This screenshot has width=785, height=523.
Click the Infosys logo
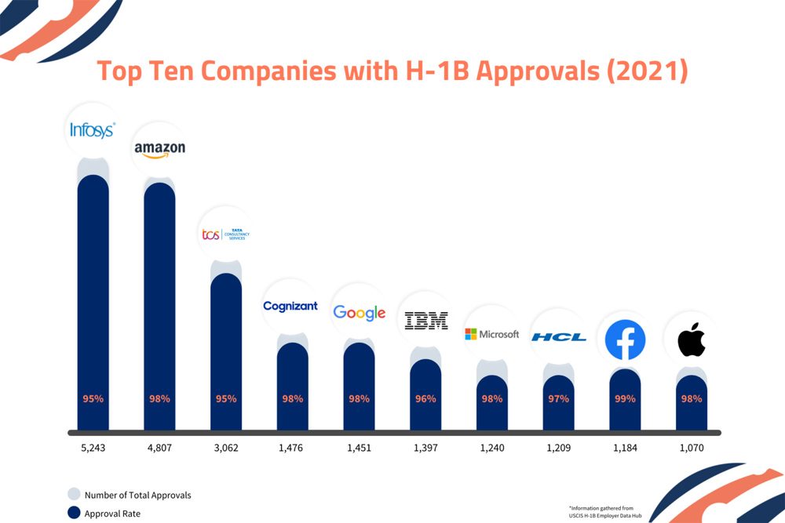pyautogui.click(x=93, y=130)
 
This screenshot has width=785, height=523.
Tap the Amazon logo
pyautogui.click(x=159, y=149)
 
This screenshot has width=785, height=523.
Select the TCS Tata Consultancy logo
pyautogui.click(x=225, y=234)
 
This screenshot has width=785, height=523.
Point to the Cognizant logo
pyautogui.click(x=291, y=306)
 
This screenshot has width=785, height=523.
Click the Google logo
pyautogui.click(x=359, y=312)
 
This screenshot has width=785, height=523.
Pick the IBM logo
pyautogui.click(x=425, y=320)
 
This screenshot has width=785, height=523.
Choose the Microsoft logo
pyautogui.click(x=491, y=334)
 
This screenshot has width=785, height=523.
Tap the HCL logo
pyautogui.click(x=558, y=337)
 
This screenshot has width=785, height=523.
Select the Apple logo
pyautogui.click(x=692, y=340)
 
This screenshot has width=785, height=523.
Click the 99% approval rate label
pyautogui.click(x=625, y=398)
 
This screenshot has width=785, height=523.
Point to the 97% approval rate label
pyautogui.click(x=558, y=398)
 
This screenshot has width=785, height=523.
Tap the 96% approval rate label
pyautogui.click(x=425, y=398)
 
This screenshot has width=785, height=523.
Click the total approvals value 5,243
pyautogui.click(x=93, y=449)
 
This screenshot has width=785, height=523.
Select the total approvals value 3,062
pyautogui.click(x=225, y=449)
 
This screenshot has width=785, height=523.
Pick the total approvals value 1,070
pyautogui.click(x=692, y=449)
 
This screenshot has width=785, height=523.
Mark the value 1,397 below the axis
pyautogui.click(x=425, y=449)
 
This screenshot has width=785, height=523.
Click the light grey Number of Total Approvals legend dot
pyautogui.click(x=73, y=495)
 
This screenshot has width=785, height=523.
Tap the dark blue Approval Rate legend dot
pyautogui.click(x=73, y=514)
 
